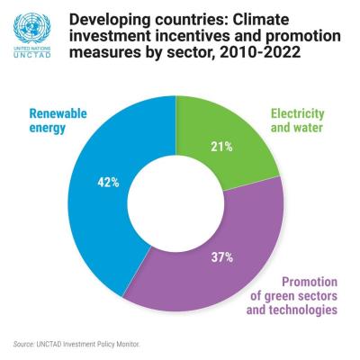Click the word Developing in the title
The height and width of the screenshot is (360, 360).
point(112,18)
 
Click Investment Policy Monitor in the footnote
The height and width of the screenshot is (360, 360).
point(103,344)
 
